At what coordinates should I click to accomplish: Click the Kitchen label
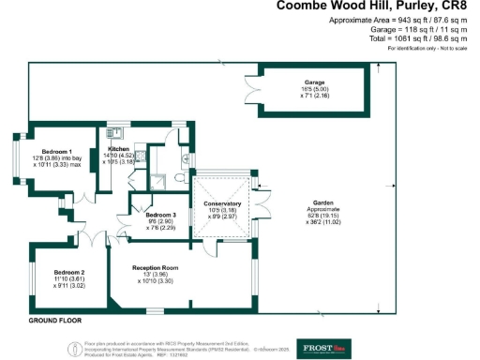119,150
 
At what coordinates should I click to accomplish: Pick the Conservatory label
223,203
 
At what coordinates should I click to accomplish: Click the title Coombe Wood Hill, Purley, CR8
376,7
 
